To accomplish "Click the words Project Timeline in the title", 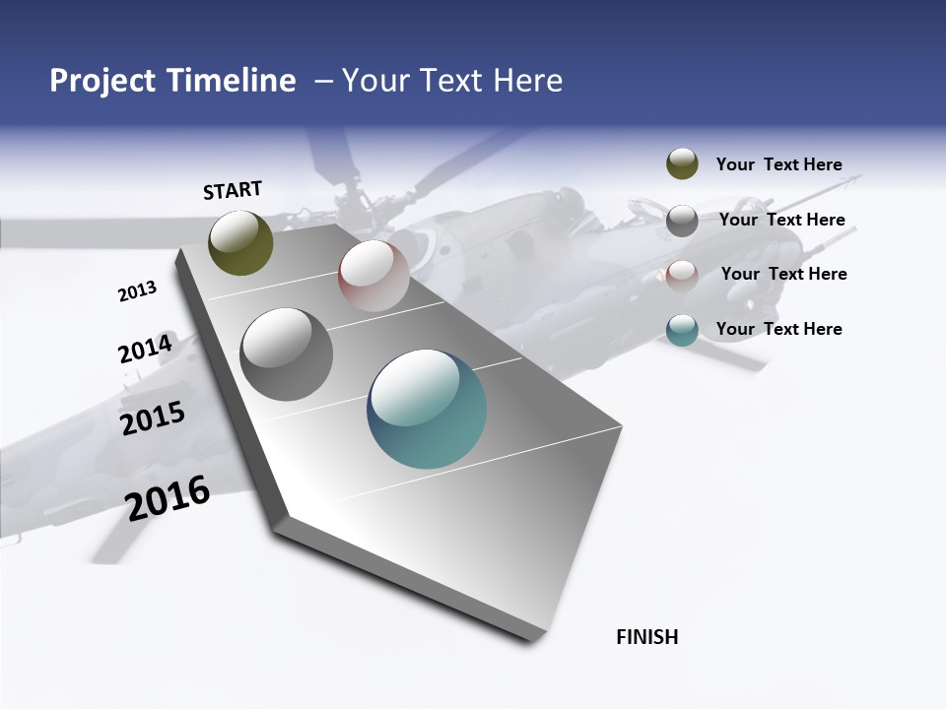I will [x=172, y=81].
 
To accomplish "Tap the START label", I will [x=233, y=190].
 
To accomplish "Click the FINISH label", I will [x=647, y=637].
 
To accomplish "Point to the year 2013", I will [x=137, y=291].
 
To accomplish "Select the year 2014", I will [x=145, y=349].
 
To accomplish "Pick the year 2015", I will [x=153, y=418].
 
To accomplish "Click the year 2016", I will [x=168, y=498].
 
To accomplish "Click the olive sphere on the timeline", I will [x=240, y=242].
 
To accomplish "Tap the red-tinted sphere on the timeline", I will [x=373, y=276].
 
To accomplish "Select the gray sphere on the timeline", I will [x=287, y=354].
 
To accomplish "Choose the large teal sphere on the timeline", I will [x=427, y=409].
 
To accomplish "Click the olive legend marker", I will [x=682, y=163].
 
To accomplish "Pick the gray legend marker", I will [x=682, y=221].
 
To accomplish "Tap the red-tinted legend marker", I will [x=682, y=276].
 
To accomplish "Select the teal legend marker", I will [x=682, y=330].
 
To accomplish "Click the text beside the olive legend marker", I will [x=778, y=165].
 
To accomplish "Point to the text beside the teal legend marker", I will [x=778, y=329].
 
